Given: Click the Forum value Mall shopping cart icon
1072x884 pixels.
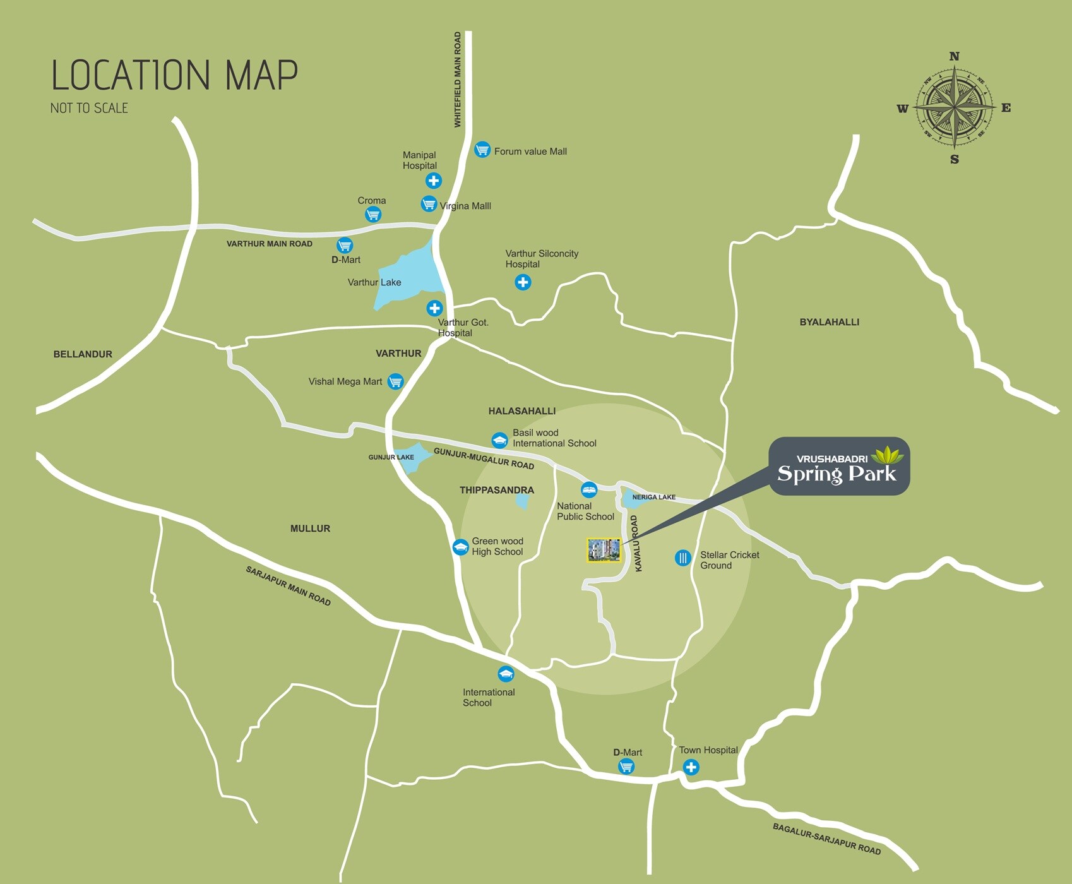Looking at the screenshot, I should point(482,150).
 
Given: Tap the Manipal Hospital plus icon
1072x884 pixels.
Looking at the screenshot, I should point(433,181).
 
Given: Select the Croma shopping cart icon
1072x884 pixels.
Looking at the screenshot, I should point(373,215).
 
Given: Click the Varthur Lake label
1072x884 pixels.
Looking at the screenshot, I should point(374,282).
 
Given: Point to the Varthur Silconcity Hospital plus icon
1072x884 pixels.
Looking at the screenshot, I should point(523,282).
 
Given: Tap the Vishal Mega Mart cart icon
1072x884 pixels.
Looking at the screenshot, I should point(395,381).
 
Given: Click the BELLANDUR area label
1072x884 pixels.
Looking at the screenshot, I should point(83,354).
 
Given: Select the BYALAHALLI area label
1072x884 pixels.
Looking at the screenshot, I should point(829,322).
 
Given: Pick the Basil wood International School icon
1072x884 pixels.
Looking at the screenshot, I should point(499,439).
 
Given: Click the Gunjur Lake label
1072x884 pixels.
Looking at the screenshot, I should point(391,457).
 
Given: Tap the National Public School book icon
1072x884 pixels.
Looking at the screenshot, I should point(589,489).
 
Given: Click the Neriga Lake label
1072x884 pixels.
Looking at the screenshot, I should point(653,497).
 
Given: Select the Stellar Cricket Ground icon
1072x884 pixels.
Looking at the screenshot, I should point(682,558).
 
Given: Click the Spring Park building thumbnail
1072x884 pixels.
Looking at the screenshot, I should point(604,550).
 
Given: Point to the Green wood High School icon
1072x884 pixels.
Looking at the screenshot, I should point(461,547).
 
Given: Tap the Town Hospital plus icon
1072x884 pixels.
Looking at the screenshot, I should point(691,767).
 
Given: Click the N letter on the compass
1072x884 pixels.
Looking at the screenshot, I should point(954,57).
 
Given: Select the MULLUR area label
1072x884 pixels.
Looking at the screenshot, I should point(310,529).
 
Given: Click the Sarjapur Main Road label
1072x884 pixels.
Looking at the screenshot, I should point(288,586).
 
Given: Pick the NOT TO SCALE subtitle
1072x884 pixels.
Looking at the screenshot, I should point(89,109).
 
